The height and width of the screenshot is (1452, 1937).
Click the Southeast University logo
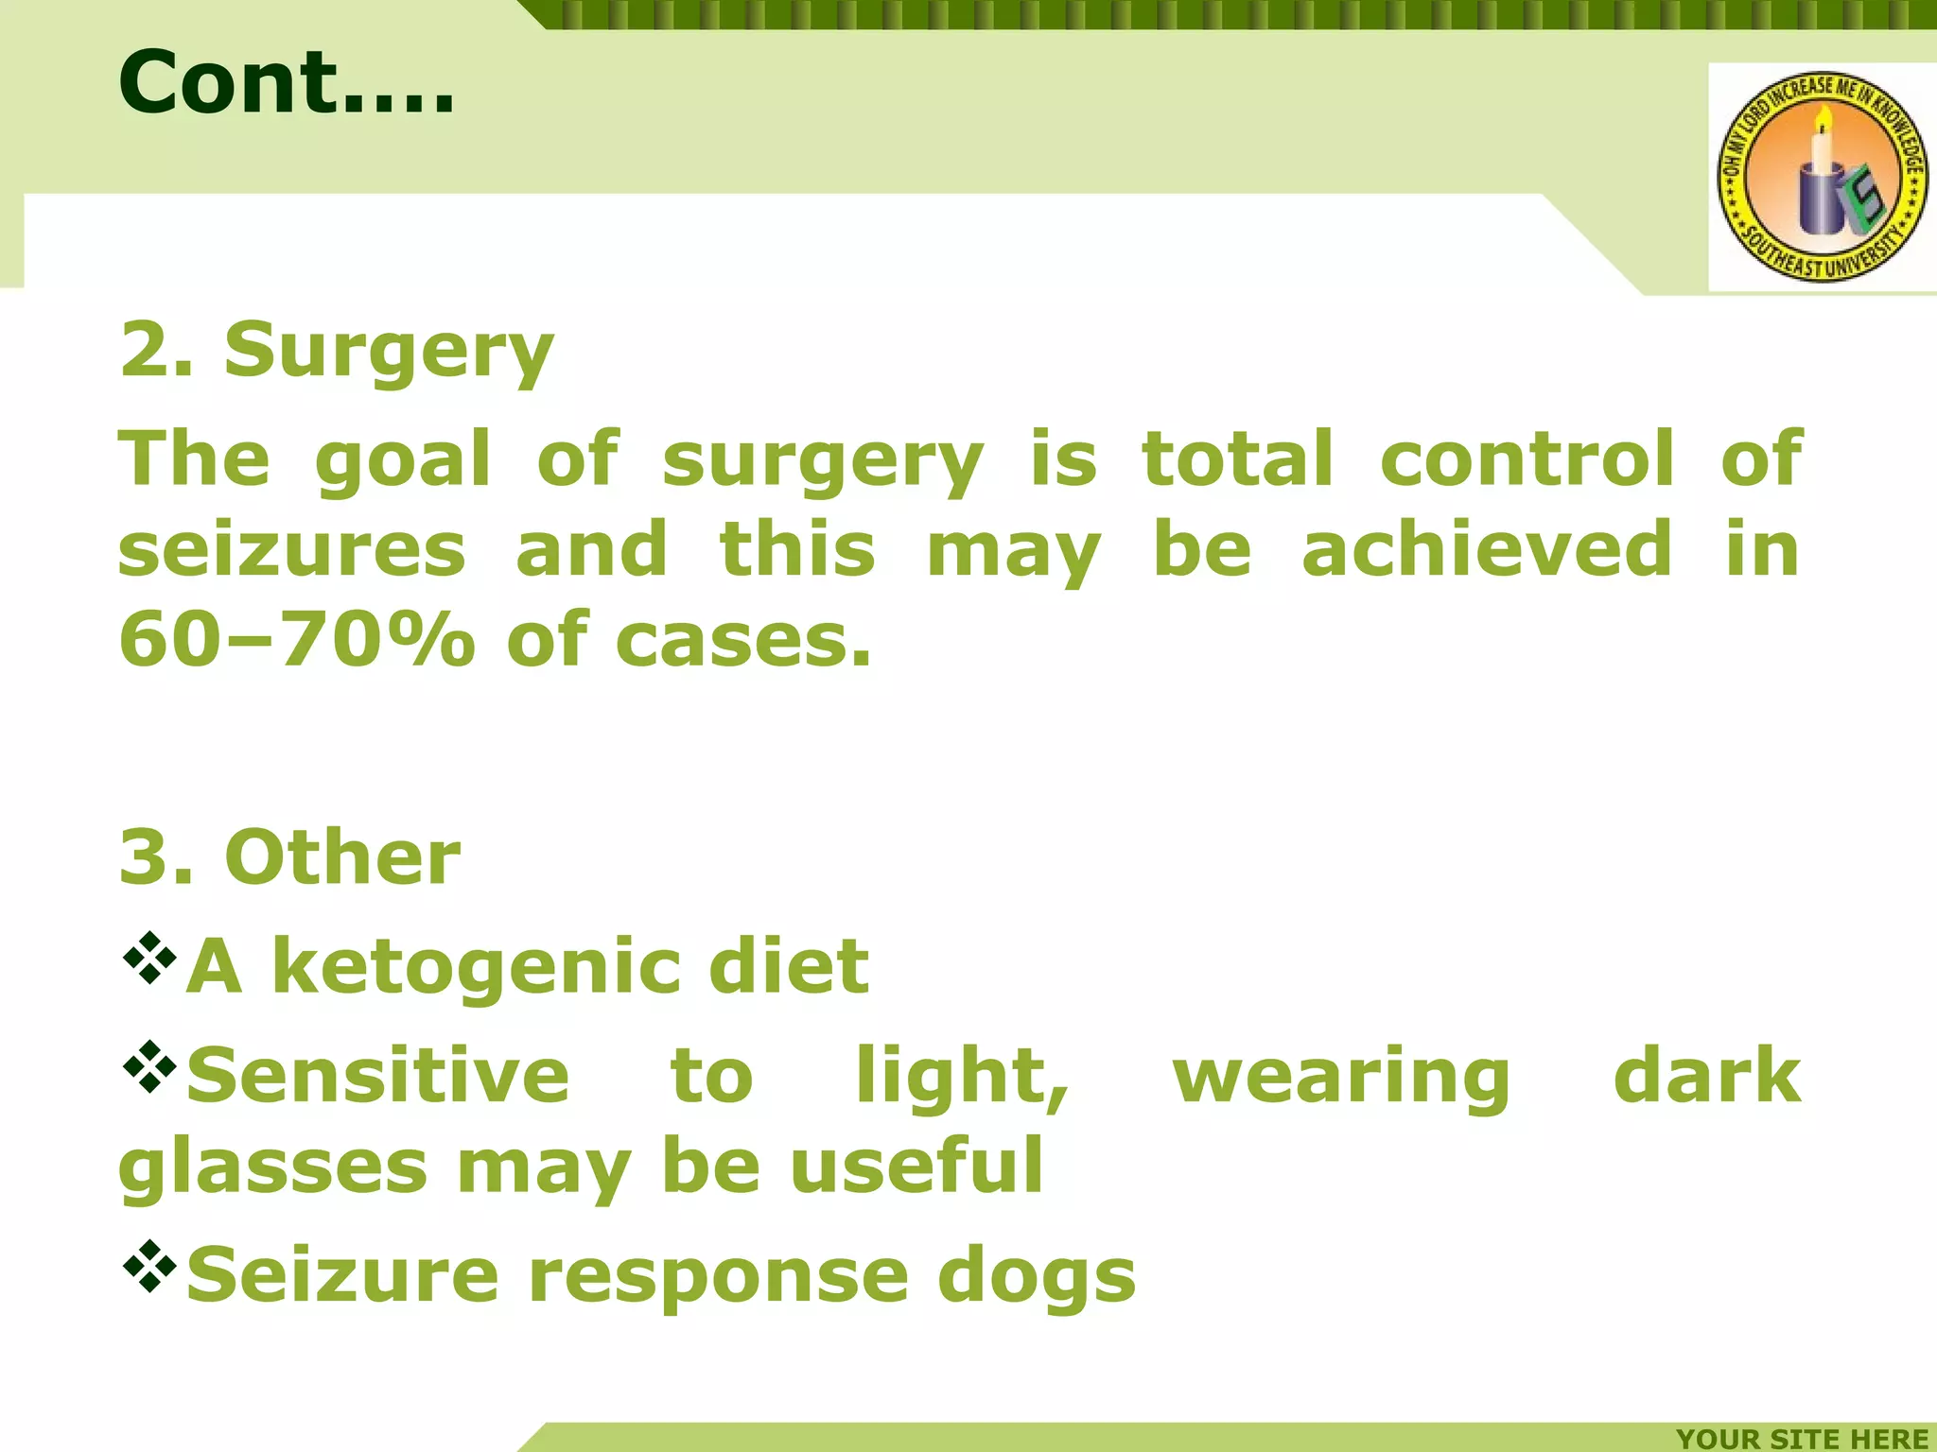click(x=1822, y=177)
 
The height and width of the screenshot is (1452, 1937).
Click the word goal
click(x=402, y=460)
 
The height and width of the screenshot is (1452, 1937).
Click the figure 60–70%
click(x=296, y=640)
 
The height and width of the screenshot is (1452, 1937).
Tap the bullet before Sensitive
click(x=149, y=1067)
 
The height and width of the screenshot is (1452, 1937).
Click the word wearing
click(x=1341, y=1078)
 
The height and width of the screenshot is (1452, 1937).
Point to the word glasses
click(x=272, y=1168)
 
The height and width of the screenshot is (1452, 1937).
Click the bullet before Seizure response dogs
click(x=149, y=1266)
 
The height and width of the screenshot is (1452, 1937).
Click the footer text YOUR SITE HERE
click(x=1802, y=1438)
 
